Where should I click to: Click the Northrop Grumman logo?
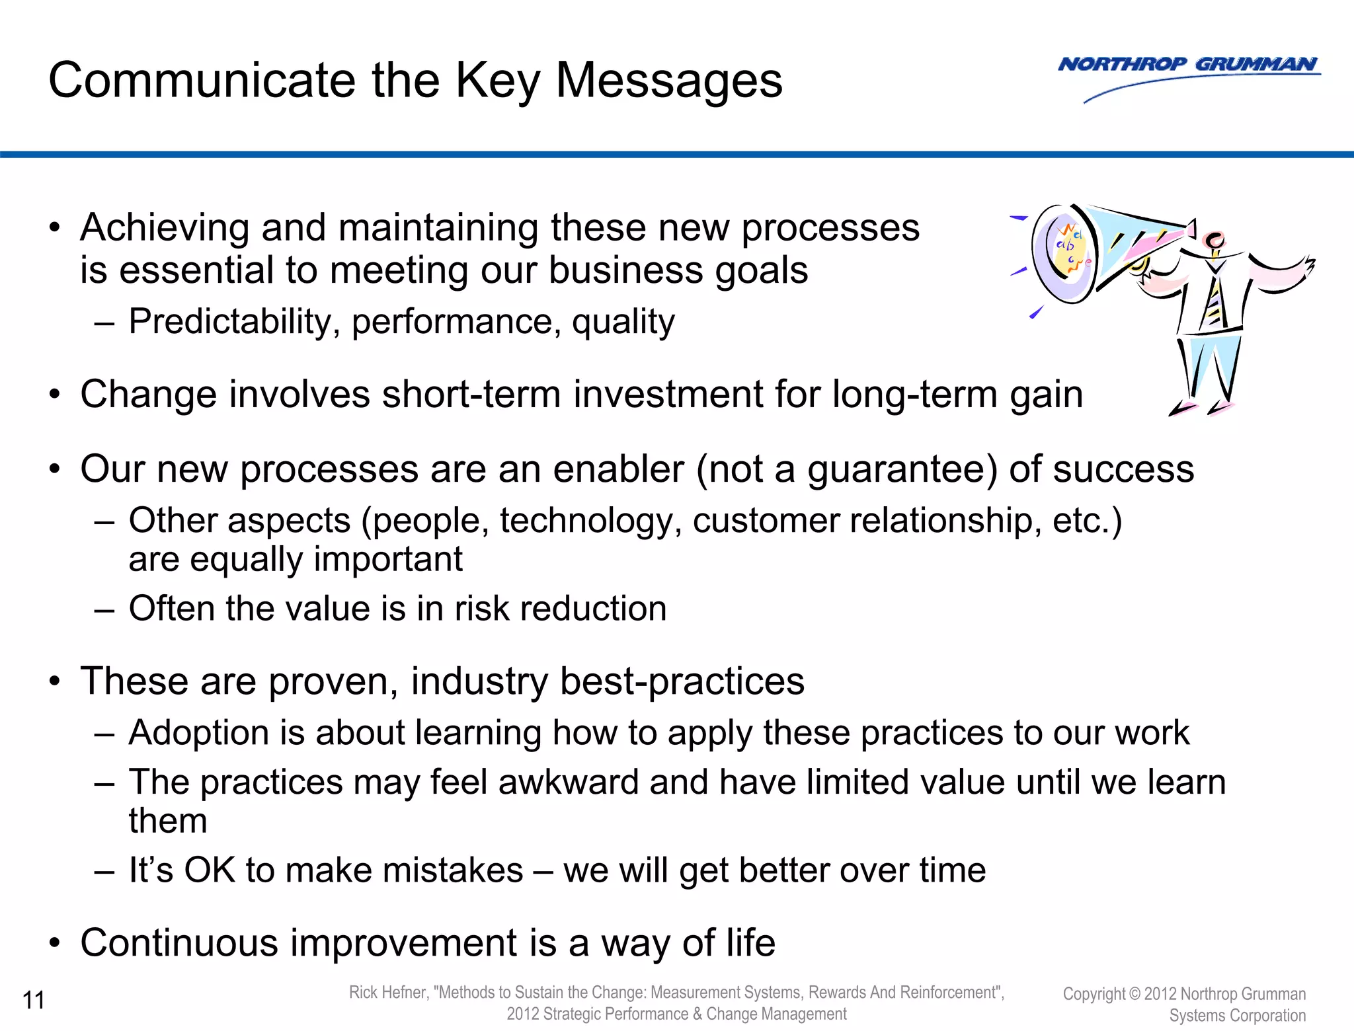(1188, 65)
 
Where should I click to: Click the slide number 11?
(34, 1000)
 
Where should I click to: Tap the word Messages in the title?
(669, 80)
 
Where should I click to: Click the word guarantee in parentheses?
(901, 470)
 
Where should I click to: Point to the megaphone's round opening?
(1065, 254)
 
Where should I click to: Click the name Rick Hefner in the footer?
(388, 992)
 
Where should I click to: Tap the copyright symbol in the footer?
(1135, 993)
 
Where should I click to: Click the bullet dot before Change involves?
(56, 395)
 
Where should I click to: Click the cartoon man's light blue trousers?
(1209, 367)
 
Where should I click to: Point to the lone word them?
(168, 821)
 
